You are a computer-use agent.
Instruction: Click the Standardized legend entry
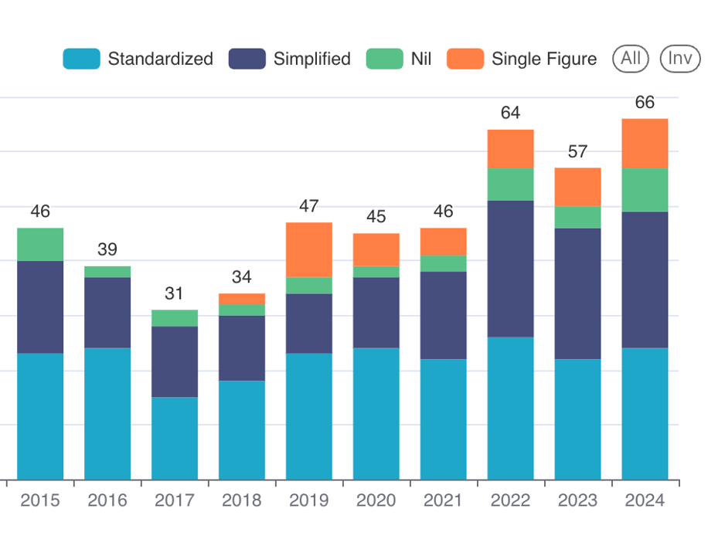[x=138, y=59]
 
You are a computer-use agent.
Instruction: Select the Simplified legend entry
[x=289, y=59]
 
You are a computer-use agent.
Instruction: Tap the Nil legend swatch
[x=384, y=59]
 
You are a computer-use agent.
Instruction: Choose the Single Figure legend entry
[x=522, y=59]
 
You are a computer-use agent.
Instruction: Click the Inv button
[x=680, y=59]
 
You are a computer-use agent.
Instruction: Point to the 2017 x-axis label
[x=174, y=500]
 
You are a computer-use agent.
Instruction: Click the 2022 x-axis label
[x=510, y=500]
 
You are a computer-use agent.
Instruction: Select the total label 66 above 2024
[x=645, y=103]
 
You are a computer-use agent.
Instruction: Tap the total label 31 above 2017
[x=174, y=293]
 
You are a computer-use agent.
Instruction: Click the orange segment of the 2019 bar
[x=309, y=250]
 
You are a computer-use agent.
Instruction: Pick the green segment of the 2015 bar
[x=40, y=245]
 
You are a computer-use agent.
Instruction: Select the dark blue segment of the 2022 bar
[x=510, y=269]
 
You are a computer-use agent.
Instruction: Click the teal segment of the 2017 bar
[x=174, y=438]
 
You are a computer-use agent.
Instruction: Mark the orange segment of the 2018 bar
[x=242, y=299]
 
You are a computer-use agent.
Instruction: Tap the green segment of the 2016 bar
[x=107, y=272]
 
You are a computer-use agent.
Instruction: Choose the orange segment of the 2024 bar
[x=645, y=144]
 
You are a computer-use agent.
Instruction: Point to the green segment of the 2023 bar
[x=577, y=218]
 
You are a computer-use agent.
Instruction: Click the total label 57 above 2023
[x=577, y=151]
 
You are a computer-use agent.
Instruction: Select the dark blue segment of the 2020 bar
[x=376, y=313]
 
